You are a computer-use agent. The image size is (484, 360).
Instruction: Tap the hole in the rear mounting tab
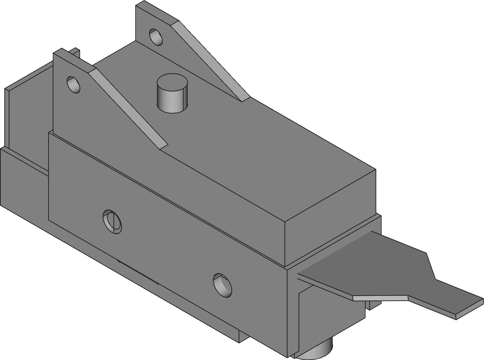[x=156, y=37]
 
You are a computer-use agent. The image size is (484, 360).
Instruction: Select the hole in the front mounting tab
[x=73, y=85]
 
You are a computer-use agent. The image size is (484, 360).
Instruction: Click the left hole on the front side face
[x=112, y=222]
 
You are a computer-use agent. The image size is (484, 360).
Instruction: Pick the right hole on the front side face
[x=223, y=286]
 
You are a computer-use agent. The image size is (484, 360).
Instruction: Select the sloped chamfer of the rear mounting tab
[x=211, y=60]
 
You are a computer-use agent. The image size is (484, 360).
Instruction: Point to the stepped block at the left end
[x=23, y=178]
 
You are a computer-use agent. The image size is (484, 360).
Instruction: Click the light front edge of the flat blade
[x=380, y=298]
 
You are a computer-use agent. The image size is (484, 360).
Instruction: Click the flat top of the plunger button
[x=172, y=82]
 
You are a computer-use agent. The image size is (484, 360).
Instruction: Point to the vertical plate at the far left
[x=27, y=111]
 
